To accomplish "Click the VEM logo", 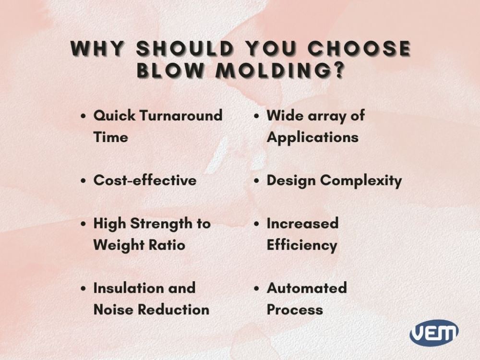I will tap(434, 332).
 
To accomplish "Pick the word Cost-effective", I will tap(144, 180).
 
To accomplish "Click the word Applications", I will tap(312, 137).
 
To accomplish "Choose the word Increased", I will tap(302, 224).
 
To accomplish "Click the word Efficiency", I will tap(301, 245).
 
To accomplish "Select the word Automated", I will tap(306, 288).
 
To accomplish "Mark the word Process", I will tap(294, 310).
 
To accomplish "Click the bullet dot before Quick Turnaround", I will tap(84, 117).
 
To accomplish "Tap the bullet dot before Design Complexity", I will tap(257, 181).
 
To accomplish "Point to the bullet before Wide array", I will tap(257, 117).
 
